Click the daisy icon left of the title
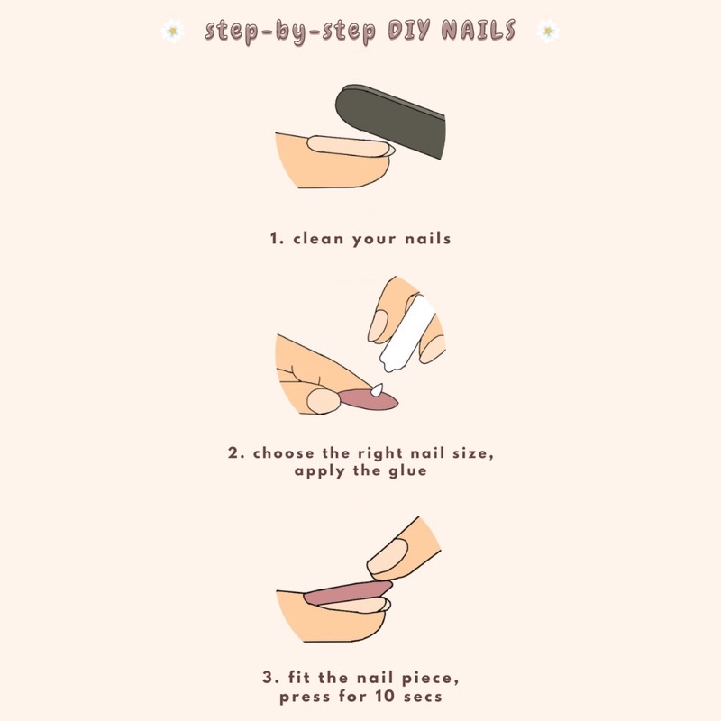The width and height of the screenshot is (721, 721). (x=171, y=32)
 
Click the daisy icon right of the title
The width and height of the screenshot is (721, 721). (x=548, y=32)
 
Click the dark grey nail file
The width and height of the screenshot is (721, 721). (x=393, y=122)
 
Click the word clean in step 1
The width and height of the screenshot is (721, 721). (x=323, y=240)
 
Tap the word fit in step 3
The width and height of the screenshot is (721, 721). (x=307, y=677)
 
